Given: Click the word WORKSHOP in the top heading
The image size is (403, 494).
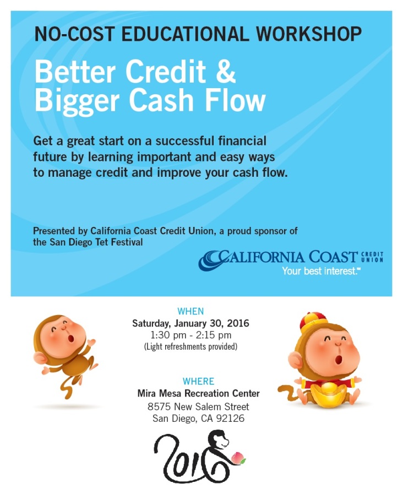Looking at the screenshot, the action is point(308,34).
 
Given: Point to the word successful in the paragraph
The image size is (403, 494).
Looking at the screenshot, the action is point(185,141).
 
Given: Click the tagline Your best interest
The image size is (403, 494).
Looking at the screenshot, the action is point(320,271).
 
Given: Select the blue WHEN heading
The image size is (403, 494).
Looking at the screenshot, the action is point(190,311).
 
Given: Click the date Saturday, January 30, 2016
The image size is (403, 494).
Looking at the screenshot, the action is point(190,323).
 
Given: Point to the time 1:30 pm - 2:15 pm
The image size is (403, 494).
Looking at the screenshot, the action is point(191,335).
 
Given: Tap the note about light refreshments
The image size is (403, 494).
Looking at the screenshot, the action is point(190,346).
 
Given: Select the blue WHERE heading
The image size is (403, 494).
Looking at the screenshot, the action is point(198,381).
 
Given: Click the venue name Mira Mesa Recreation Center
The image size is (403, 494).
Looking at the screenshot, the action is point(198,394).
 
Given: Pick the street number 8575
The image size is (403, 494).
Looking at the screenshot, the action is point(159,407).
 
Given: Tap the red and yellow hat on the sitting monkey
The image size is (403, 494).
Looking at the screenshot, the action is point(313,322).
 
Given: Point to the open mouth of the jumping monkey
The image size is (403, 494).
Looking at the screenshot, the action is point(71,338).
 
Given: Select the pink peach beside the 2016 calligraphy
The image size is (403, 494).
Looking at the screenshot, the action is point(238,458).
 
